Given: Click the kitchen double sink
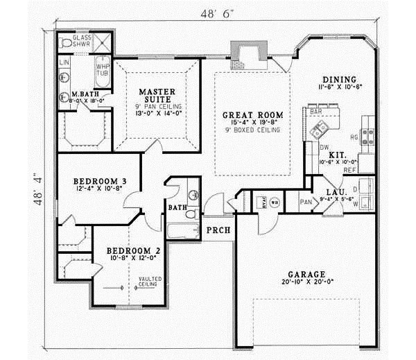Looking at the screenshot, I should (x=321, y=128).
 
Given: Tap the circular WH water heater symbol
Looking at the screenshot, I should (x=274, y=203).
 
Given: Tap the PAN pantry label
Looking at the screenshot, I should (x=306, y=202).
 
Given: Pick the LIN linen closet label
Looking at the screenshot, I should (x=64, y=62).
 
